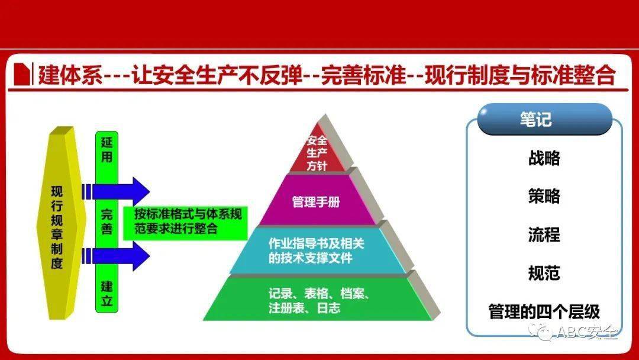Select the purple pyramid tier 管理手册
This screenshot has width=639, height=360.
point(316,201)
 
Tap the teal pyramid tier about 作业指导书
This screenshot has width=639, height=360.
point(316,250)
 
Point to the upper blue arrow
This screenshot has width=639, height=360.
point(116,191)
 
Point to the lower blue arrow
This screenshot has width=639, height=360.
point(116,256)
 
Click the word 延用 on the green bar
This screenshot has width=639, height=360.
point(106,150)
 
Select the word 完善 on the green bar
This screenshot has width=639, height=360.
point(106,222)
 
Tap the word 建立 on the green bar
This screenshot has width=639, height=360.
point(106,294)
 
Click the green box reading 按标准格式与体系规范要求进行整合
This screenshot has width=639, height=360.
point(186,223)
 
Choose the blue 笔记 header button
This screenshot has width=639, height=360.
point(544,119)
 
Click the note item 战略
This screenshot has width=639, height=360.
point(544,157)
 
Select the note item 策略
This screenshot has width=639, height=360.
point(544,196)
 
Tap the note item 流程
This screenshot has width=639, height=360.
point(544,234)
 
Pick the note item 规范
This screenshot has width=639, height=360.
point(544,273)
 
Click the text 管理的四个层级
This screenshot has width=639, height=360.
point(544,311)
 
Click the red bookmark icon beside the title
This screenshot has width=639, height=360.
point(22,74)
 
